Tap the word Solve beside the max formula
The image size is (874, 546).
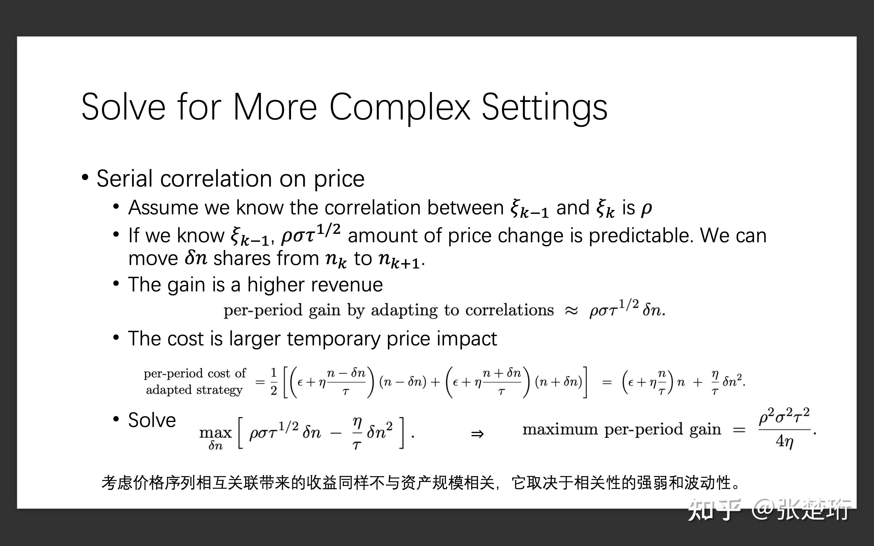(152, 420)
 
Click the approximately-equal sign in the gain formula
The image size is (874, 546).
(571, 311)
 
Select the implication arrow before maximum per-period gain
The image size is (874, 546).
(477, 434)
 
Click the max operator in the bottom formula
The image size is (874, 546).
(215, 432)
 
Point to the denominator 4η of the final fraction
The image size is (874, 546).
(784, 441)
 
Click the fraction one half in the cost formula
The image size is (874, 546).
(274, 381)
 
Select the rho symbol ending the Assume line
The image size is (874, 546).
(646, 209)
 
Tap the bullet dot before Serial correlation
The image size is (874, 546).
(85, 178)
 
